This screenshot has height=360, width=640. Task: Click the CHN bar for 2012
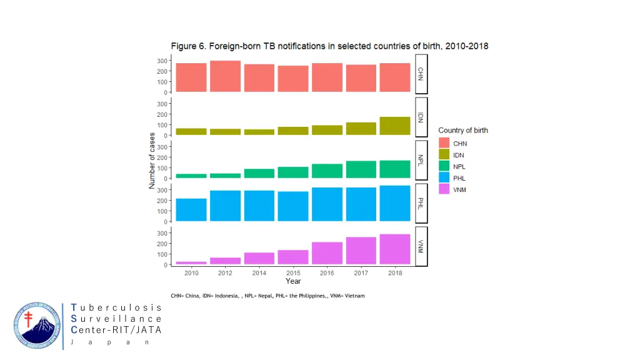click(x=225, y=76)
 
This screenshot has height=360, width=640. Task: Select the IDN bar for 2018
click(x=395, y=126)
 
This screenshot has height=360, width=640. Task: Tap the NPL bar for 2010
click(x=191, y=176)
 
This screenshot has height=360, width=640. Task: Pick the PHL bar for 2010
click(x=191, y=210)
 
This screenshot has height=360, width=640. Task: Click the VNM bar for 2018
click(x=395, y=249)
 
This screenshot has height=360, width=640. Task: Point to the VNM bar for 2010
click(x=191, y=262)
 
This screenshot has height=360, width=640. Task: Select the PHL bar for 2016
click(x=327, y=204)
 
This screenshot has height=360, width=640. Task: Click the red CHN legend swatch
click(x=444, y=144)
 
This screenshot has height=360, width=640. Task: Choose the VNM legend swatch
click(x=444, y=189)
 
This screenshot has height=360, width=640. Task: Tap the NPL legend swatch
click(x=444, y=167)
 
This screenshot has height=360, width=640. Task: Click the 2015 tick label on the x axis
click(x=293, y=273)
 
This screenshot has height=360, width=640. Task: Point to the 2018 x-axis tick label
click(x=395, y=273)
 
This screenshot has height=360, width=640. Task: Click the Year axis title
click(x=293, y=281)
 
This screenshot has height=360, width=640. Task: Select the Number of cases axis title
click(x=152, y=161)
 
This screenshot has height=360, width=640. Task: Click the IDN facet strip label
click(x=421, y=116)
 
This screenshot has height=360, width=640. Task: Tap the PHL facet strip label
click(x=421, y=202)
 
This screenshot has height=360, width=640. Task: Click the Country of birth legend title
click(x=462, y=131)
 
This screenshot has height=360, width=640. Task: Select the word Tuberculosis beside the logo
click(x=116, y=307)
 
